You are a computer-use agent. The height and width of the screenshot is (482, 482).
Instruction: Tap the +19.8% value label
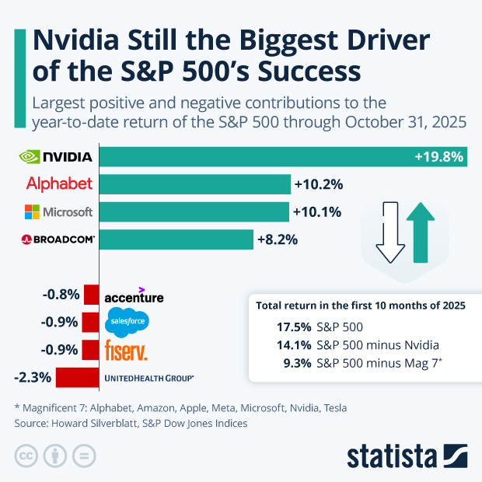439,157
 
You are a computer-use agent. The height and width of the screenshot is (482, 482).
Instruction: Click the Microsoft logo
58,211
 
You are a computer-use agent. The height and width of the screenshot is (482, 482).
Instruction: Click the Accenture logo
134,296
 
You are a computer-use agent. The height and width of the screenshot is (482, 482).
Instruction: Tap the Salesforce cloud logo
126,321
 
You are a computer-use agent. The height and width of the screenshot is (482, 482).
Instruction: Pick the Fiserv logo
125,350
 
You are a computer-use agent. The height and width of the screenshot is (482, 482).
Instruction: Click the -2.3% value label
33,378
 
